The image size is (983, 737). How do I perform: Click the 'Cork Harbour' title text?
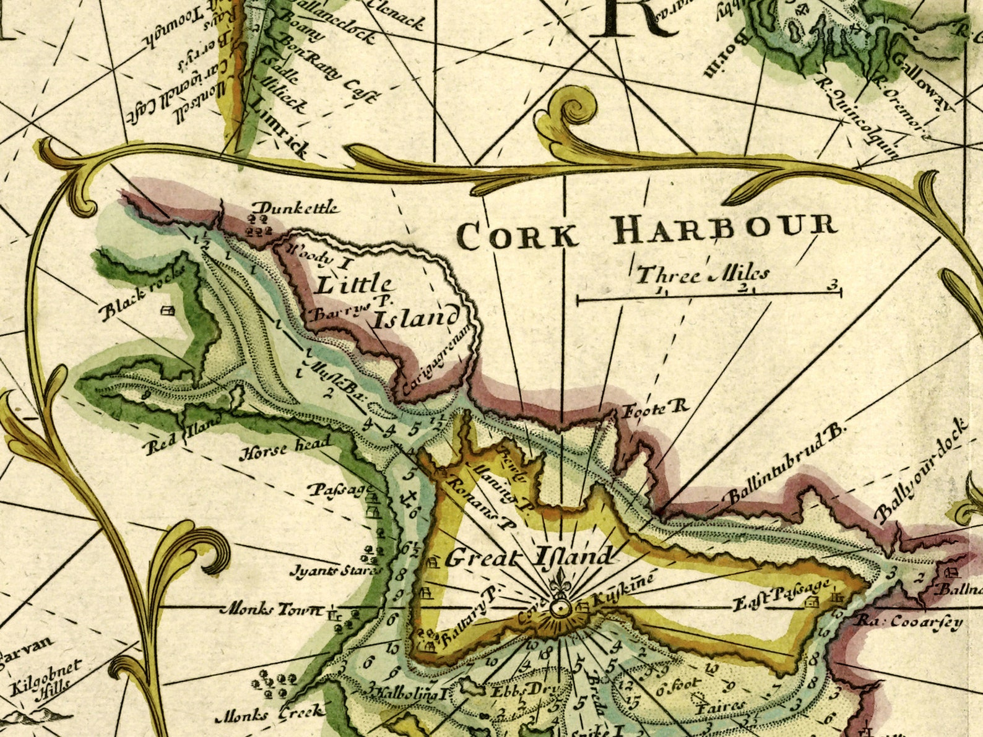coord(646,231)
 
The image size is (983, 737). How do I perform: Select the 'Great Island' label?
coord(529,557)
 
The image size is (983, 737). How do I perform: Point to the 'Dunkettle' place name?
coord(297,207)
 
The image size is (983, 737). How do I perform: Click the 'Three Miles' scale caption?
coord(703,274)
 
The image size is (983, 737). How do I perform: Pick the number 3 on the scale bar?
coord(833,286)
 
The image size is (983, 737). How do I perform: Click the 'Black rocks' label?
coord(142,295)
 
